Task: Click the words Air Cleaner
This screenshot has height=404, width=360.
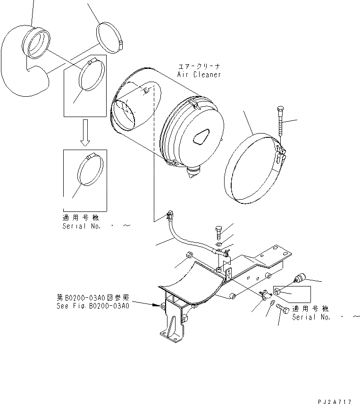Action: pos(199,75)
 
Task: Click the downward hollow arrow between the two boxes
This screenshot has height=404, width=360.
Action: pos(85,133)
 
